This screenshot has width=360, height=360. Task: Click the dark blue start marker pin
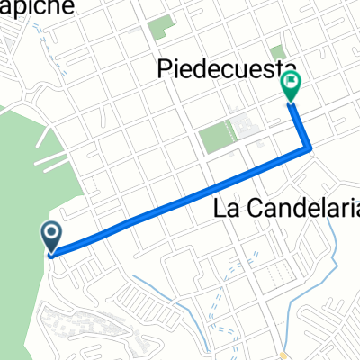click(51, 236)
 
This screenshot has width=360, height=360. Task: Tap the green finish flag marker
click(291, 86)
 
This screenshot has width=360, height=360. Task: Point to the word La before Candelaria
click(226, 209)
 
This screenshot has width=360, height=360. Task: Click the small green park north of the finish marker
click(276, 53)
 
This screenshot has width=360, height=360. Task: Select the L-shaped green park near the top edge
click(161, 28)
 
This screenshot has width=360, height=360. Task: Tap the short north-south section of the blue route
click(301, 126)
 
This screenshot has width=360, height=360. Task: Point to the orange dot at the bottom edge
click(283, 355)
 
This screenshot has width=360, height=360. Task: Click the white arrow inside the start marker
click(51, 236)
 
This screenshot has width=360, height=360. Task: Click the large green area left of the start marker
click(18, 198)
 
